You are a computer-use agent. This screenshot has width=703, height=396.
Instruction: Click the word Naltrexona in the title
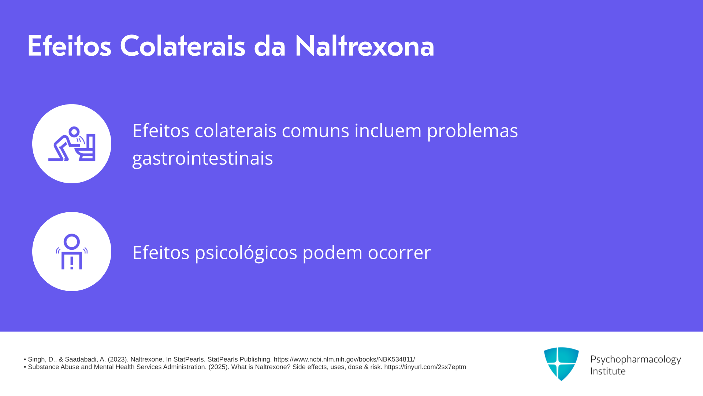click(364, 46)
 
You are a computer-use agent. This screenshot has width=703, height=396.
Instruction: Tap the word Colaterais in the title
click(182, 46)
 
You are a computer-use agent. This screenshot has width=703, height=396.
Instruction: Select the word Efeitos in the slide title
click(69, 46)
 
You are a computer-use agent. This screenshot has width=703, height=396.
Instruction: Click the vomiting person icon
click(72, 144)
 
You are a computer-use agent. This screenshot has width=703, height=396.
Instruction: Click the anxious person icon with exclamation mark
click(72, 252)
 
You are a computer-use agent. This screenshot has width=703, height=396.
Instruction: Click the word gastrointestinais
click(202, 158)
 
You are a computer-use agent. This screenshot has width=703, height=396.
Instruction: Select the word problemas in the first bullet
click(472, 131)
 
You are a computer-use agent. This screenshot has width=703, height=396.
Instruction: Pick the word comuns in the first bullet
click(315, 131)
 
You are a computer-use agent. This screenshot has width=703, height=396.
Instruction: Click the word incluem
click(388, 131)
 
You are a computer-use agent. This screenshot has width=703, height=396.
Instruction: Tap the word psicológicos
click(246, 253)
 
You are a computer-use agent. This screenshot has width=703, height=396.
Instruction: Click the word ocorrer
click(399, 253)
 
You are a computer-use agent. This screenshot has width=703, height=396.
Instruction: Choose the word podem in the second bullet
click(332, 253)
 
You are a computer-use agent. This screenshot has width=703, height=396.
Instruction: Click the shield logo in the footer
click(561, 364)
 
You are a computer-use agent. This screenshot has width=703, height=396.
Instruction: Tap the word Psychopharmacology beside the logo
click(636, 360)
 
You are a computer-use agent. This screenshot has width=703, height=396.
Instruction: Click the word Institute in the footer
click(608, 371)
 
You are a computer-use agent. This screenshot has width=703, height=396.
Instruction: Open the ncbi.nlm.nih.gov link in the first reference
click(344, 359)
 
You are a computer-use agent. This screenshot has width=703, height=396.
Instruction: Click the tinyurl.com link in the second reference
click(425, 367)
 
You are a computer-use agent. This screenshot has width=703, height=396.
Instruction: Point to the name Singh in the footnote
click(36, 359)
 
